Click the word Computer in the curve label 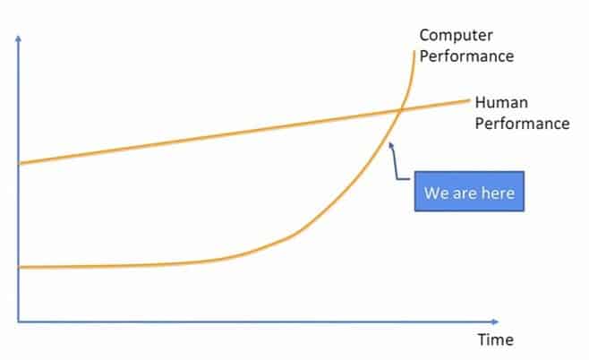point(456,35)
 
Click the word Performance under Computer point(466,56)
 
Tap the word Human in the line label point(501,102)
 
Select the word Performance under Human point(522,124)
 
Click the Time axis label point(496,340)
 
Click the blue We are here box point(469,192)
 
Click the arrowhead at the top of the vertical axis point(18,38)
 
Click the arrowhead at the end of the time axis point(495,321)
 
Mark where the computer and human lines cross point(400,110)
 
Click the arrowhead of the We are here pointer point(390,145)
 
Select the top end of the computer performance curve point(414,51)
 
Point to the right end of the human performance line point(469,100)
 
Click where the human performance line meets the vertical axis point(19,164)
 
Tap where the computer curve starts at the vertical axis point(19,268)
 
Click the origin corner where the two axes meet point(18,321)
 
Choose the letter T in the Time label point(482,340)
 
